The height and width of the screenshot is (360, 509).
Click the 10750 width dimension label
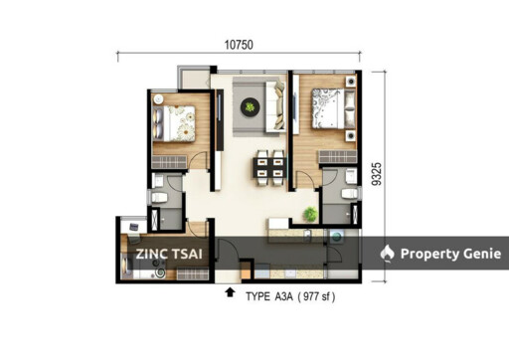tap(235, 45)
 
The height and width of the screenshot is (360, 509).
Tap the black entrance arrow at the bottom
tap(231, 292)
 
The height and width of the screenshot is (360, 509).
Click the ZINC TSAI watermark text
tap(171, 254)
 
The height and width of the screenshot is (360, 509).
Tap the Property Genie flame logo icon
tap(388, 254)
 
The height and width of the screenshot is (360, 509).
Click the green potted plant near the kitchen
tap(311, 213)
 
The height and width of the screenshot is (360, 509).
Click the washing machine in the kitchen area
tap(335, 239)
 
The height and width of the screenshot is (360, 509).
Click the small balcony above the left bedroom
tap(194, 79)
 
